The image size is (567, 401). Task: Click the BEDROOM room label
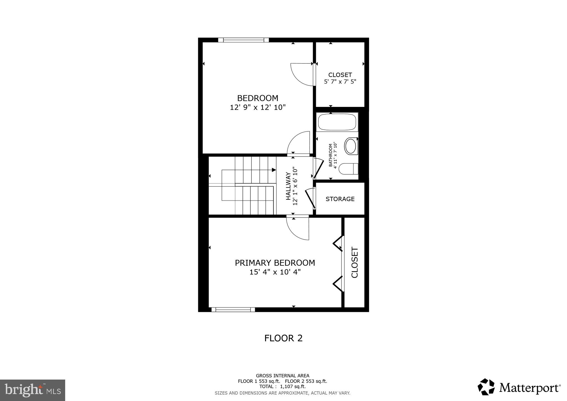click(x=258, y=98)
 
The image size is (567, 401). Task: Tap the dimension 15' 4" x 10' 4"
click(x=275, y=272)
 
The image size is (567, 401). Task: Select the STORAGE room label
click(x=340, y=199)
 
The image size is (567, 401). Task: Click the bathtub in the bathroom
click(x=337, y=122)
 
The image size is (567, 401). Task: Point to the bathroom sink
click(x=351, y=146)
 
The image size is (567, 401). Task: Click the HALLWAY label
click(x=288, y=186)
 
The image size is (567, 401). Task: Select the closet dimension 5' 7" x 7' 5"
click(x=340, y=82)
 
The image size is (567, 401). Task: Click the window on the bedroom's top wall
click(x=243, y=40)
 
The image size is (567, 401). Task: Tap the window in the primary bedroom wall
click(x=233, y=309)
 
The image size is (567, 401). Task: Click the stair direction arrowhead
click(x=274, y=170)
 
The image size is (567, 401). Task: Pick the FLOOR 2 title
click(x=283, y=338)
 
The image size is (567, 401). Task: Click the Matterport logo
click(x=519, y=387)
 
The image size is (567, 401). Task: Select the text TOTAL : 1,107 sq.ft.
click(x=282, y=387)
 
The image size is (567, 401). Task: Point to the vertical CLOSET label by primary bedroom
click(x=355, y=262)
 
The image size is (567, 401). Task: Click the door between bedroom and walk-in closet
click(x=302, y=75)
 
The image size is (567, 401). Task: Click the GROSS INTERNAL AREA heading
click(x=282, y=376)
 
